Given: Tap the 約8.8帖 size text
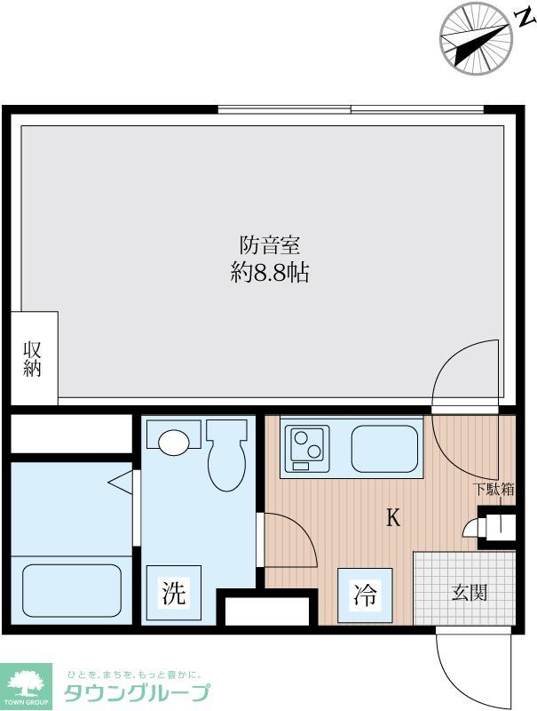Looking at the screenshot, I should (x=269, y=274).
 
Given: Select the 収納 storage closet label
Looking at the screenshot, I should (x=33, y=358).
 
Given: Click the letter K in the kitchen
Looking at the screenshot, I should (x=391, y=518).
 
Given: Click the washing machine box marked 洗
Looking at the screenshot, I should (x=174, y=594).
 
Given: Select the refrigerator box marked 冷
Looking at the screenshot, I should (x=366, y=595).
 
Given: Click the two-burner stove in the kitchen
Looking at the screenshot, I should (x=306, y=447).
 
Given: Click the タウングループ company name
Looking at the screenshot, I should (x=137, y=692).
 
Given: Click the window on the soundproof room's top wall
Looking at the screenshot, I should (x=351, y=110).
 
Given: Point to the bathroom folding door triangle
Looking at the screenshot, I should (x=122, y=482).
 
